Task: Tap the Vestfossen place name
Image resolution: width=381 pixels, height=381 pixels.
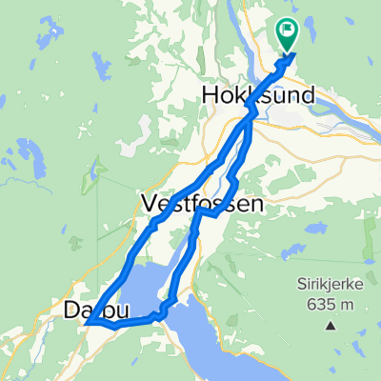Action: (x=187, y=202)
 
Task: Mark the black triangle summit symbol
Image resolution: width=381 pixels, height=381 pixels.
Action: (x=331, y=325)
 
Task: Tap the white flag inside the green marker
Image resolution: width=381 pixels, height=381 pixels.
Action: (x=287, y=30)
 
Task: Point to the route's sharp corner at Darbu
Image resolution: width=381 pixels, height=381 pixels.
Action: (x=88, y=324)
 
